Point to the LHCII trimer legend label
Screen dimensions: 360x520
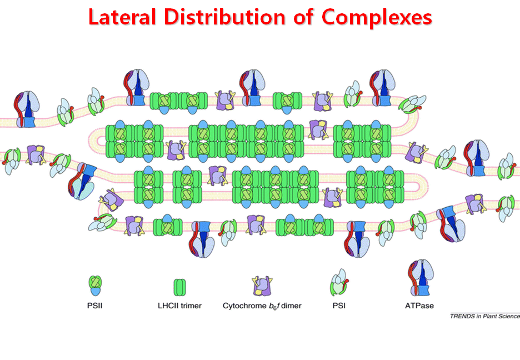(x=179, y=306)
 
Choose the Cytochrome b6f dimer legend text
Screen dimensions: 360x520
(x=262, y=306)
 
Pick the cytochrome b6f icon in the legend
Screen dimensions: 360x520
(x=262, y=286)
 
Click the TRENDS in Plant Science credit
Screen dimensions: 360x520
(x=484, y=316)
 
